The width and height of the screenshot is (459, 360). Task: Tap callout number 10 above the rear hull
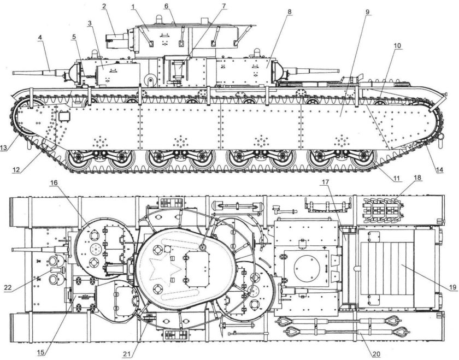coord(398,46)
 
